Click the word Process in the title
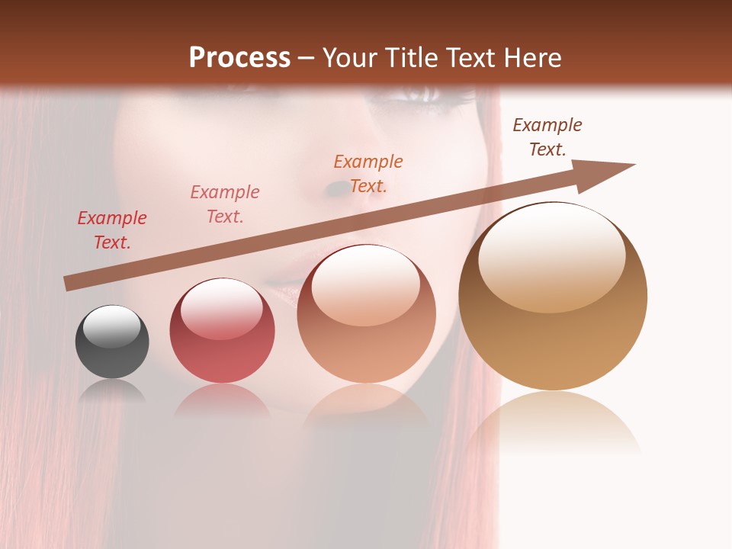tap(239, 57)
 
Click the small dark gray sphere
tap(112, 342)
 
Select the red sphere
tap(222, 331)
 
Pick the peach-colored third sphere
tap(366, 313)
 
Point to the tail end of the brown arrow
tap(69, 284)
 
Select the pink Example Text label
tap(225, 204)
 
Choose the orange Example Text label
tap(368, 174)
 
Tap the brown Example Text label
tap(547, 137)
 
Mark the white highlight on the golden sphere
tap(551, 257)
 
